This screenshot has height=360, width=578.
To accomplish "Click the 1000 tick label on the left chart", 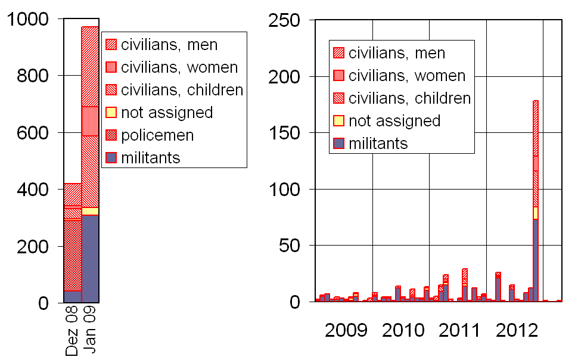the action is click(28, 19).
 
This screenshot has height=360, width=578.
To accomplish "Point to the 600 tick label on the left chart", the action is click(33, 133).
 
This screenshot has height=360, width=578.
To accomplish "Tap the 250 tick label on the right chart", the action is click(284, 20).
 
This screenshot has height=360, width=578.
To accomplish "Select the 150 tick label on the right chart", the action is click(284, 133).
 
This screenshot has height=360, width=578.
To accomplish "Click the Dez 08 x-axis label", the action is click(72, 330).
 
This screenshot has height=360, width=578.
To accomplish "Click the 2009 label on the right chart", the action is click(346, 330).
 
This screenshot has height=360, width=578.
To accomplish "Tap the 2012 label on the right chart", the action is click(517, 330).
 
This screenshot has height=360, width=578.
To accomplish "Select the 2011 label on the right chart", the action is click(459, 330).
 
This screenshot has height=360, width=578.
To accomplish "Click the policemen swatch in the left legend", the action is click(111, 135).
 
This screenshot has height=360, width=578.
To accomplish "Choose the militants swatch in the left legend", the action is click(111, 157).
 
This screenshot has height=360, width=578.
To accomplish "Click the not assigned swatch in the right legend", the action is click(339, 120).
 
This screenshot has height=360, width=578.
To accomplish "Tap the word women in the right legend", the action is click(440, 76).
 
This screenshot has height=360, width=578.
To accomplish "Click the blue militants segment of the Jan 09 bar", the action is click(90, 259).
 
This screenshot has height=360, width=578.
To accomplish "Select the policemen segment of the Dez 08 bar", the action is click(73, 255).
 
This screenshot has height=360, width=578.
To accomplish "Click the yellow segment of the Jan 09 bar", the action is click(90, 212).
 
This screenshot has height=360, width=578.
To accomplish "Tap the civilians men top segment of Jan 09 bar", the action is click(90, 67).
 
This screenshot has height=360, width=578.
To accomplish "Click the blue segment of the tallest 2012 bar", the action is click(536, 260).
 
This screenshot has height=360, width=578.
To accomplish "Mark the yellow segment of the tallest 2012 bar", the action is click(536, 213).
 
